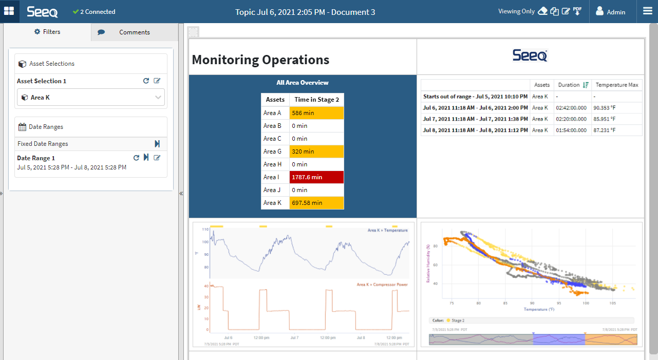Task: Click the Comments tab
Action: pyautogui.click(x=134, y=32)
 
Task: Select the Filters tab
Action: pyautogui.click(x=47, y=32)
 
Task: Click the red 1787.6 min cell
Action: pyautogui.click(x=316, y=177)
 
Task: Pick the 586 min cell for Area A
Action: pyautogui.click(x=316, y=113)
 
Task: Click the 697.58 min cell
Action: pyautogui.click(x=316, y=203)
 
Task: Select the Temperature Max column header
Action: pyautogui.click(x=616, y=85)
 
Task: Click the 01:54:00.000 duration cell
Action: pyautogui.click(x=571, y=130)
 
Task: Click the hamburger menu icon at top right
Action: pyautogui.click(x=647, y=11)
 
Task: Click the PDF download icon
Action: pyautogui.click(x=577, y=11)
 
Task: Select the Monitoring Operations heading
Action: pyautogui.click(x=260, y=60)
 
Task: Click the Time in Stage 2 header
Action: pyautogui.click(x=316, y=100)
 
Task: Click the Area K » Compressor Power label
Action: pyautogui.click(x=382, y=285)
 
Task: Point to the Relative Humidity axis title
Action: pyautogui.click(x=428, y=264)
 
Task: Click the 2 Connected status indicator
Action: pyautogui.click(x=94, y=12)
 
